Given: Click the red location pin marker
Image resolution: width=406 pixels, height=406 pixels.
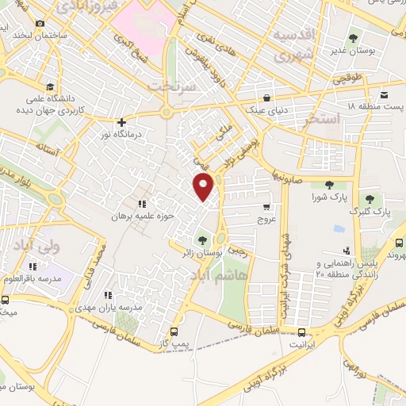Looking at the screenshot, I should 205,188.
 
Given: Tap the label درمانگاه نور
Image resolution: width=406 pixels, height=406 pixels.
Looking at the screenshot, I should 121,135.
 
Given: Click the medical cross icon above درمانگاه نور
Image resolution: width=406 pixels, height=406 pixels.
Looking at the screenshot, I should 121,122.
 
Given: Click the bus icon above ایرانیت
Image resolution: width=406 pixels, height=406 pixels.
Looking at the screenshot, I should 301,333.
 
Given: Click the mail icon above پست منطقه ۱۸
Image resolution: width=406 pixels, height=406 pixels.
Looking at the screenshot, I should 384,93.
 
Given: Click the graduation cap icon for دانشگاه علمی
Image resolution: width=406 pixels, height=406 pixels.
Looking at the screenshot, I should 50,86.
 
